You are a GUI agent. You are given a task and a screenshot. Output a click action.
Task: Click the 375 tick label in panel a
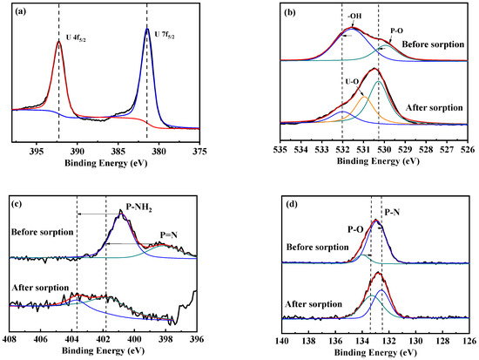[199, 150]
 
